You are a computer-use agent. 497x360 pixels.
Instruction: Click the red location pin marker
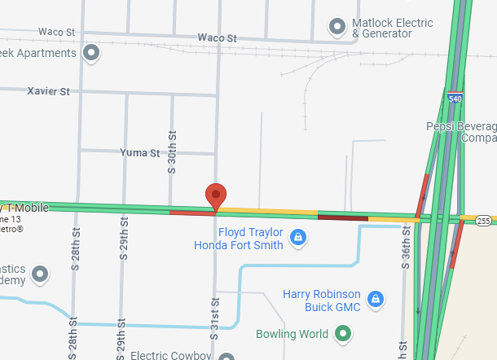click(x=215, y=195)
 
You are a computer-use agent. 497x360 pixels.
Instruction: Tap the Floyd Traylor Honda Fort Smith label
click(x=239, y=239)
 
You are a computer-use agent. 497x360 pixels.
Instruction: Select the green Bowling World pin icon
click(x=344, y=333)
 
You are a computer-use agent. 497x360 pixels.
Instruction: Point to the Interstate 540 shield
click(x=455, y=98)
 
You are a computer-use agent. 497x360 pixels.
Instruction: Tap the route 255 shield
click(x=484, y=220)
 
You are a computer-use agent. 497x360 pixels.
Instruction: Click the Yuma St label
click(x=139, y=152)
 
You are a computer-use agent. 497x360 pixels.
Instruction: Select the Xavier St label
click(x=48, y=91)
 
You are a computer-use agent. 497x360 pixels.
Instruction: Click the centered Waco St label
click(x=217, y=38)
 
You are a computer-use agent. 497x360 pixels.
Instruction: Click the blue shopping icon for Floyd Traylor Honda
click(x=299, y=238)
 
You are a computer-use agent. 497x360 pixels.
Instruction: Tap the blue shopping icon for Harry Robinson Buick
click(x=376, y=299)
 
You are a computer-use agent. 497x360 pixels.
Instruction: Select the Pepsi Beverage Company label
click(x=461, y=132)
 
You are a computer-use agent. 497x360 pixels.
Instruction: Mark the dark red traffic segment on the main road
click(x=342, y=217)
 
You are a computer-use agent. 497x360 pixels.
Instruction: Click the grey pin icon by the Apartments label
click(x=92, y=54)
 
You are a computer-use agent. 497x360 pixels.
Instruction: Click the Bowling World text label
click(x=292, y=334)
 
